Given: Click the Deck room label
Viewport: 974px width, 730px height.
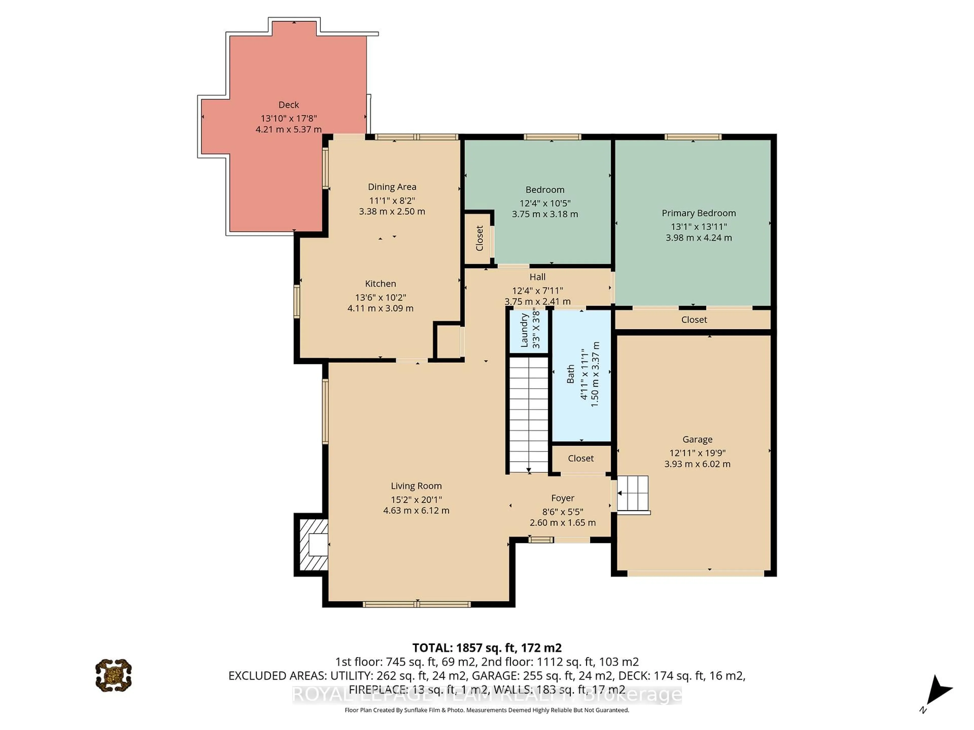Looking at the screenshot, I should [288, 105].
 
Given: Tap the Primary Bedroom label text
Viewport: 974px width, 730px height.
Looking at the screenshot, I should [698, 213].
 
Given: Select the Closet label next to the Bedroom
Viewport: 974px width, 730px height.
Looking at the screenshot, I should [479, 238].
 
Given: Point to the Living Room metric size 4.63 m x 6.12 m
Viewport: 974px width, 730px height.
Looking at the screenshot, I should [416, 510].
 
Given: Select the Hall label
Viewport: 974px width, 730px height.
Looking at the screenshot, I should [537, 277].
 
